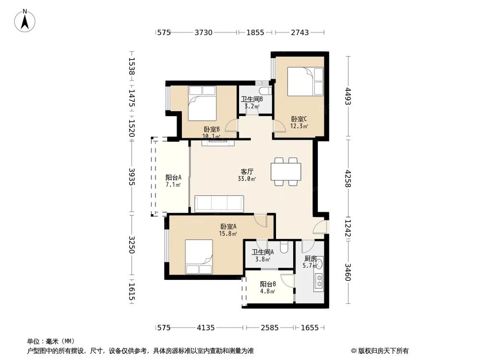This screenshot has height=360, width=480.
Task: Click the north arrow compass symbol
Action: click(25, 21)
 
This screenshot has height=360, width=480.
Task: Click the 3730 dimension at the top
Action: click(204, 32)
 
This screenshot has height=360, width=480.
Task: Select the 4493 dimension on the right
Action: click(348, 96)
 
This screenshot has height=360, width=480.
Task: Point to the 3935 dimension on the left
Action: click(132, 177)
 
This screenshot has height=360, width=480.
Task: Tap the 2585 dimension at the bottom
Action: click(269, 327)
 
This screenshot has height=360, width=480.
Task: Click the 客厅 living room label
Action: click(247, 171)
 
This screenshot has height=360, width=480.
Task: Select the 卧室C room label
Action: click(299, 119)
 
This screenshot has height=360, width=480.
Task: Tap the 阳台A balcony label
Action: click(173, 177)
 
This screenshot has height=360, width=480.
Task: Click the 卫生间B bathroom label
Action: click(252, 99)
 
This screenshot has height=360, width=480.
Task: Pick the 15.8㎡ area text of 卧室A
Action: click(228, 234)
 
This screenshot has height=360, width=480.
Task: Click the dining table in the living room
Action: click(286, 171)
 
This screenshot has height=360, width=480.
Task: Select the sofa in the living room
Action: click(219, 204)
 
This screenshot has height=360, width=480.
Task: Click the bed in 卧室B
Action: click(202, 103)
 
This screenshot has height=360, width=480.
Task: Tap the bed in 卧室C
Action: click(305, 81)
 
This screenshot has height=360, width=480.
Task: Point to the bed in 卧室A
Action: click(199, 256)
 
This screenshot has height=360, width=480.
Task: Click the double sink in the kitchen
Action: click(319, 281)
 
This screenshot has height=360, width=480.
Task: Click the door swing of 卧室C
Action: click(278, 126)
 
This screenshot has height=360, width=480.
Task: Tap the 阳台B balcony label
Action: click(268, 284)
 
